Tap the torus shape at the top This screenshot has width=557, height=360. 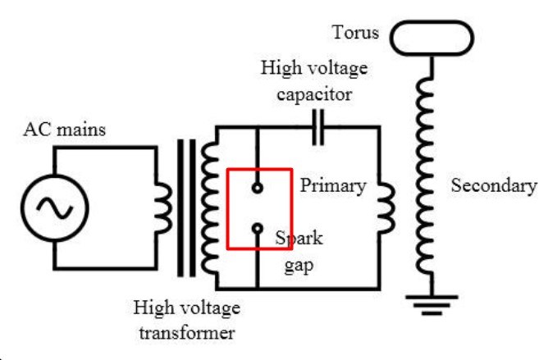tap(431, 22)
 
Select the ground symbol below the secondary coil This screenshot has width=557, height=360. tap(431, 304)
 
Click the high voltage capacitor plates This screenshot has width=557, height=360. tap(318, 127)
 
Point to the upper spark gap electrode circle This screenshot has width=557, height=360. tap(258, 184)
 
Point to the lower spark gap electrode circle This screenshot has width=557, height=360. tap(258, 224)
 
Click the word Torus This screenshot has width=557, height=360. tap(355, 32)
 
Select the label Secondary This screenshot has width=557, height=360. tap(494, 185)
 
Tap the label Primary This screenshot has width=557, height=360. tap(333, 186)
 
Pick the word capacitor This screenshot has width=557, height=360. tap(315, 95)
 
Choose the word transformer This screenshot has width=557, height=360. tap(187, 333)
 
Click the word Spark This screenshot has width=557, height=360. tap(299, 238)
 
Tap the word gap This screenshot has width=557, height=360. tap(299, 266)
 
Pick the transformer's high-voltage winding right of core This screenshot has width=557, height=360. tap(203, 207)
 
